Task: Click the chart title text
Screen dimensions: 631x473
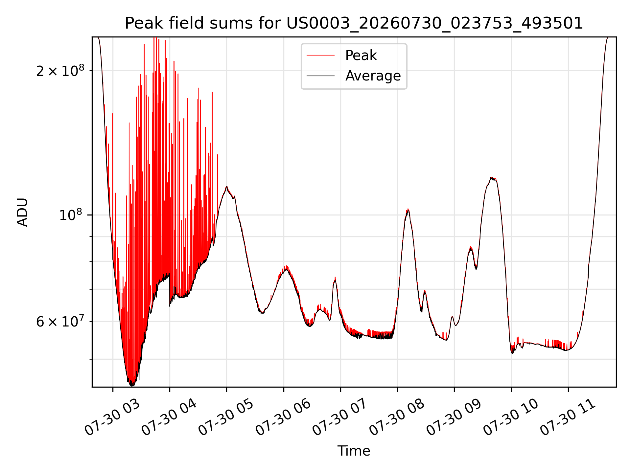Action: [x=354, y=23]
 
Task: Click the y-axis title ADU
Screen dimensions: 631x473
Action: [x=22, y=212]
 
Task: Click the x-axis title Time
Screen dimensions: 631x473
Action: [x=354, y=451]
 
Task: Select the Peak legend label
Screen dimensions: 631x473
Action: [x=361, y=56]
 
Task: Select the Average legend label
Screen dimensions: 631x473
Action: [x=373, y=76]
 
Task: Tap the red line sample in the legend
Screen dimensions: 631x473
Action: [x=320, y=56]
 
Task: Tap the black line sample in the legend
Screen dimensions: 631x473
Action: [x=320, y=76]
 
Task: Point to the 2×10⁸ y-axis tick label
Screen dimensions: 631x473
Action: [x=60, y=70]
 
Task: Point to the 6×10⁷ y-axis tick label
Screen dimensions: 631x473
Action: [x=60, y=321]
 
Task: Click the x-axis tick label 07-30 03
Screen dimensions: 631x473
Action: [x=112, y=417]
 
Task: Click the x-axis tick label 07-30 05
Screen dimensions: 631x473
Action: [x=226, y=417]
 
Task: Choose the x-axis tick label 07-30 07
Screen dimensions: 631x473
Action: [x=339, y=417]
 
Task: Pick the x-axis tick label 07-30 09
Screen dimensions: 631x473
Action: [x=454, y=417]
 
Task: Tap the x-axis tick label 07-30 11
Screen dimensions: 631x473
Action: [x=568, y=417]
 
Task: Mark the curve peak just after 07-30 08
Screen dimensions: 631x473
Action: [x=408, y=210]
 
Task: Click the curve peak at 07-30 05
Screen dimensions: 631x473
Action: [x=226, y=187]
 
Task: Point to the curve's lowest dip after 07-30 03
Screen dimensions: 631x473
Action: [x=131, y=385]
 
